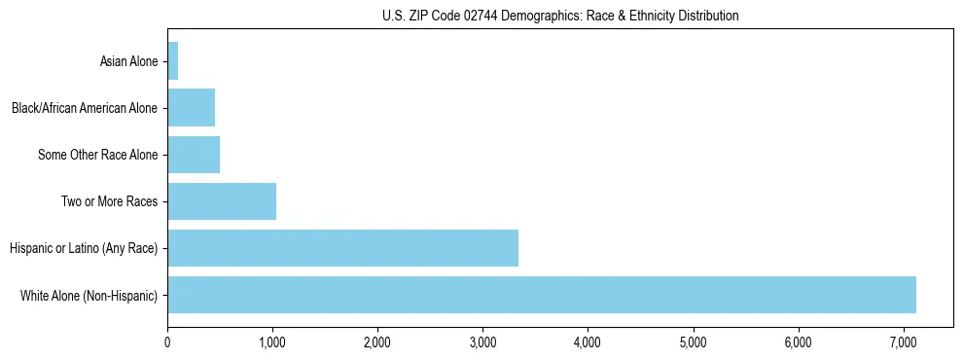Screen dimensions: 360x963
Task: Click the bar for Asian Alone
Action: pyautogui.click(x=173, y=61)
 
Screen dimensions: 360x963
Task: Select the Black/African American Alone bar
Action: pyautogui.click(x=192, y=108)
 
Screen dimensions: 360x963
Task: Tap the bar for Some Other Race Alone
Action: pyautogui.click(x=194, y=155)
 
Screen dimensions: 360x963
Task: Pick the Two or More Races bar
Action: pyautogui.click(x=222, y=201)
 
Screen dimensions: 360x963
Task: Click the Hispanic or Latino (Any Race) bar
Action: pyautogui.click(x=342, y=248)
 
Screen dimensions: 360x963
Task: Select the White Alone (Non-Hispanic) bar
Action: pyautogui.click(x=542, y=295)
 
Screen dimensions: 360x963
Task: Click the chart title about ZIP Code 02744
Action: pyautogui.click(x=560, y=16)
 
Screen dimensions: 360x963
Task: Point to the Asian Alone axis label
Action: pyautogui.click(x=128, y=62)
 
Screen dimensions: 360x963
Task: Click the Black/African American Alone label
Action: pyautogui.click(x=84, y=108)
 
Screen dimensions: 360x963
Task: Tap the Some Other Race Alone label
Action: pyautogui.click(x=97, y=155)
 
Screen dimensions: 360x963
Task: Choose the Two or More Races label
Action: pyautogui.click(x=109, y=201)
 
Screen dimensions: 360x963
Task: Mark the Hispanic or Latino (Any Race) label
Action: pyautogui.click(x=84, y=248)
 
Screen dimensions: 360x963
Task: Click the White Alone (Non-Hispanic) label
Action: pyautogui.click(x=89, y=295)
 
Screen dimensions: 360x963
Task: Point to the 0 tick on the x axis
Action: pyautogui.click(x=167, y=342)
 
